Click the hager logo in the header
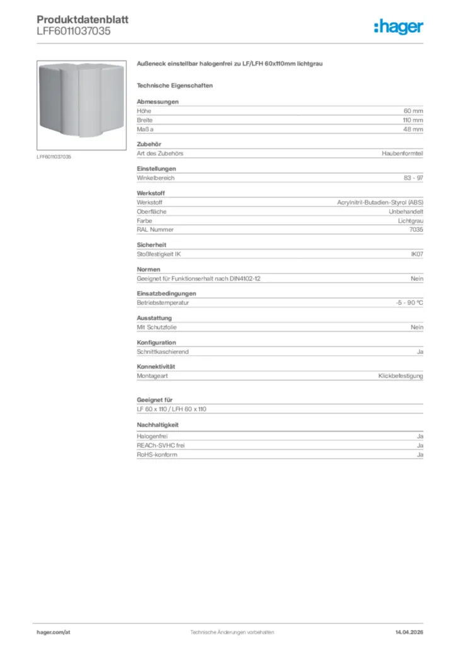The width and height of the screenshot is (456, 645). coord(398,26)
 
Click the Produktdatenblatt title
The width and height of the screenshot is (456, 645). coord(82,20)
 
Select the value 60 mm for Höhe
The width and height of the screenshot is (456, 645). coord(413,110)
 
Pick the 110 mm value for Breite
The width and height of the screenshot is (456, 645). coord(413,120)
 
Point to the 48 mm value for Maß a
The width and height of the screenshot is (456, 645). coord(413,129)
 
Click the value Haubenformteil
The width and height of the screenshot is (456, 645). coord(402,154)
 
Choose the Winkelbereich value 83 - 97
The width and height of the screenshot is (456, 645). coord(413,178)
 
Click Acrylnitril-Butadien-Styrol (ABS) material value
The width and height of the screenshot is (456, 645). coord(380,202)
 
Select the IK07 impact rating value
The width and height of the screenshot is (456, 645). coord(416,254)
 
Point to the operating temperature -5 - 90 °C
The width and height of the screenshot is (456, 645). coord(405,303)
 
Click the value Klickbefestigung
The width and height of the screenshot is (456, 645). coord(401,376)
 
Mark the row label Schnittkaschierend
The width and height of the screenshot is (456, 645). coord(162,351)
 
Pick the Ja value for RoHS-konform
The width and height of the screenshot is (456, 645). coord(419,455)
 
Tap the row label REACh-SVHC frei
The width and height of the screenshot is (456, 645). coord(161,445)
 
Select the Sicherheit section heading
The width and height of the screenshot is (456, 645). coord(151,245)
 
